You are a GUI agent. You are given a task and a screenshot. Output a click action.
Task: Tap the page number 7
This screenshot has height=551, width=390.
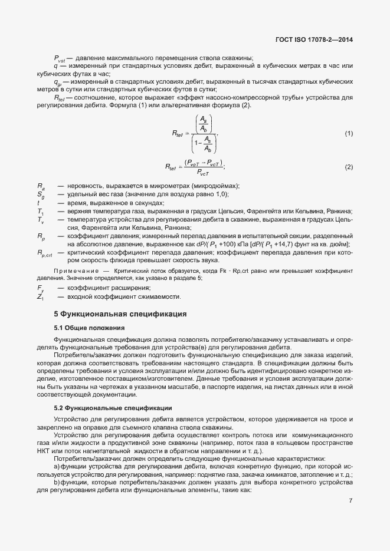pyautogui.click(x=350, y=501)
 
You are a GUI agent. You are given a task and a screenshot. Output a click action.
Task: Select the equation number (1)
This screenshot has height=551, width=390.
pyautogui.click(x=349, y=134)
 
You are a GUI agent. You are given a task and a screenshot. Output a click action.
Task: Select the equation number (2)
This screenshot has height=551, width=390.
pyautogui.click(x=349, y=167)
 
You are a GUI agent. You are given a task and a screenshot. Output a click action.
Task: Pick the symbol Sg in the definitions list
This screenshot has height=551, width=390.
pyautogui.click(x=40, y=194)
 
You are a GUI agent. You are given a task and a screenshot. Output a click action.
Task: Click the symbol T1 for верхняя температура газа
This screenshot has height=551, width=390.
pyautogui.click(x=40, y=212)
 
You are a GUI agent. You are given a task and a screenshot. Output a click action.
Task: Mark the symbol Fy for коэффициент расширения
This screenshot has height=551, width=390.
pyautogui.click(x=40, y=288)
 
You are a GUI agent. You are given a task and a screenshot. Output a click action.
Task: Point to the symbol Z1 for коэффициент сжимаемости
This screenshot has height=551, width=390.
pyautogui.click(x=40, y=296)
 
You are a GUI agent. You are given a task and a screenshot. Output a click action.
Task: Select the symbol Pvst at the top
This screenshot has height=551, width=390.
pyautogui.click(x=60, y=58)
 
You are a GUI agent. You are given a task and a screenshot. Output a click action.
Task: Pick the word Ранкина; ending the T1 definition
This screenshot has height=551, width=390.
pyautogui.click(x=339, y=212)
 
